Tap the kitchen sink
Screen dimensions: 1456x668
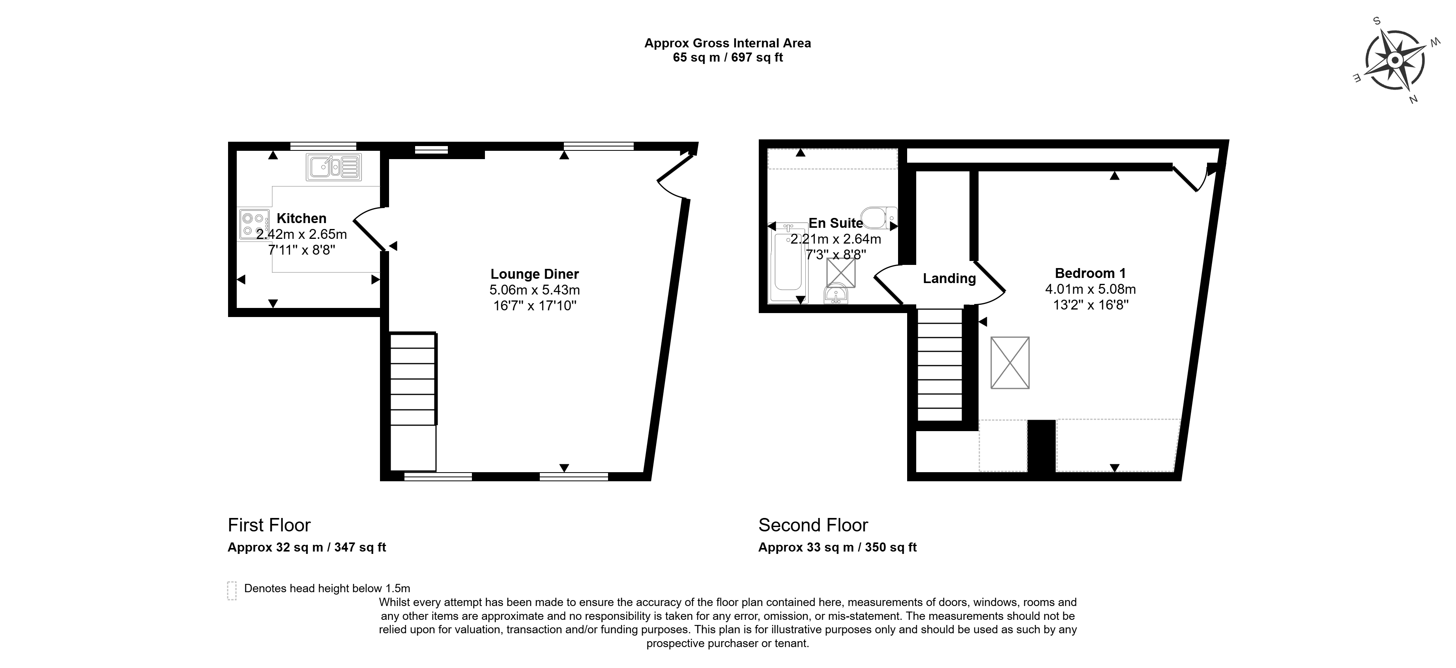333,167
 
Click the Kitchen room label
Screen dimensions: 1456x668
301,218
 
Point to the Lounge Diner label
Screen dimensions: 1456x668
535,274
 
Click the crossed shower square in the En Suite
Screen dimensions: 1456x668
841,273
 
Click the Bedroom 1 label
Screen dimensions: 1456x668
1090,273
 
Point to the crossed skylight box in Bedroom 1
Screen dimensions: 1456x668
1010,362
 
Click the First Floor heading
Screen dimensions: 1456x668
269,525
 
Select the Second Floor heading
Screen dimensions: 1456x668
813,525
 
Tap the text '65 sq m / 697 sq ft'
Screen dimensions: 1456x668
728,57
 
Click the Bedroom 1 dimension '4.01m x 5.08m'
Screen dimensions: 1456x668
1090,289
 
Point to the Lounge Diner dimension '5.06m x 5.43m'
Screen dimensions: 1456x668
535,290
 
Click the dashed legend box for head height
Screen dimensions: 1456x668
232,591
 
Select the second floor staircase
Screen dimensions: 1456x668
939,364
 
